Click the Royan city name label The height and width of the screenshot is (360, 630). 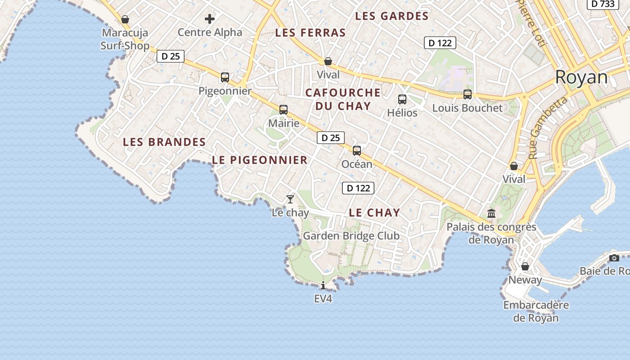(581, 77)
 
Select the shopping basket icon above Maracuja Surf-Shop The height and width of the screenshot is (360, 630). (125, 19)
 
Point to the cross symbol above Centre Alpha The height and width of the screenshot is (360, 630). (210, 19)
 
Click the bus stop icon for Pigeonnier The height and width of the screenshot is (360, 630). (225, 77)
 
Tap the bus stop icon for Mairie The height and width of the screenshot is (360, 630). (283, 109)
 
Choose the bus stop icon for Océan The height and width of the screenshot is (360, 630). (357, 151)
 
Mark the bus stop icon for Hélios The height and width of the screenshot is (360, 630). (402, 99)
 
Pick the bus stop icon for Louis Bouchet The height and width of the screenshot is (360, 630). (468, 94)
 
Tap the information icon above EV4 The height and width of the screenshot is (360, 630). (323, 285)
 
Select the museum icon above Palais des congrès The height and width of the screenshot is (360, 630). (491, 213)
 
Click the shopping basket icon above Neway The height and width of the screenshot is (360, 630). (525, 266)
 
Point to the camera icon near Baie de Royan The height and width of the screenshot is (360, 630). (614, 258)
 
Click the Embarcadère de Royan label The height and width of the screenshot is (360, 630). (536, 311)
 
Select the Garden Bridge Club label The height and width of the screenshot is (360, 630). (351, 236)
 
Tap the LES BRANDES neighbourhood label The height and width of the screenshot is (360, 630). (164, 142)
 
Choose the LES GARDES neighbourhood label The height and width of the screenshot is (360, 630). (391, 16)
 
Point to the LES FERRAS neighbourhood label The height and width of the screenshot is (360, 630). (310, 32)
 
